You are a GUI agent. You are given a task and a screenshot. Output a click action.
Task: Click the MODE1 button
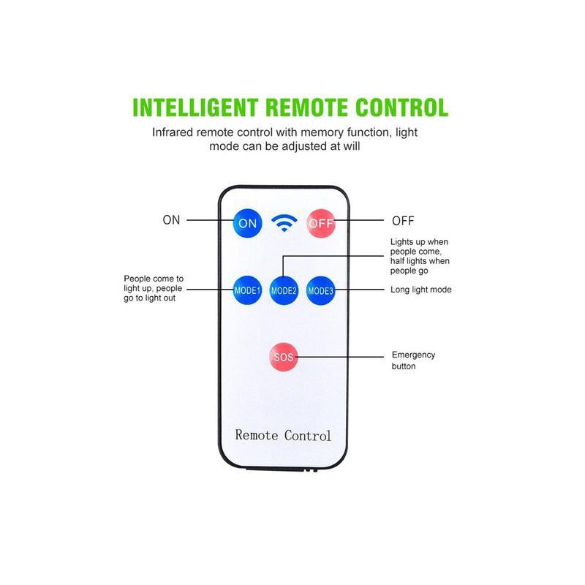tap(247, 290)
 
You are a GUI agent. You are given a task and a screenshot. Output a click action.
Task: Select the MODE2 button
tap(284, 290)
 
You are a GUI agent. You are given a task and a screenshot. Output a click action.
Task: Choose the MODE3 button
tap(320, 290)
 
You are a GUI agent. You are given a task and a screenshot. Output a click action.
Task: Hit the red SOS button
tap(283, 357)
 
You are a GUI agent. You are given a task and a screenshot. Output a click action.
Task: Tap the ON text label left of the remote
tap(171, 220)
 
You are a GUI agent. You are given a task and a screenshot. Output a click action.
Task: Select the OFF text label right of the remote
tap(403, 220)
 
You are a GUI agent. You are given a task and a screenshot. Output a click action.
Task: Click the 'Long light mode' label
tap(421, 290)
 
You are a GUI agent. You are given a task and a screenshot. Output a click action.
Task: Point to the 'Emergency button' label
tap(413, 360)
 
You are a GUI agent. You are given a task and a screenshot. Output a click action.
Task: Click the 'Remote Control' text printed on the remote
tap(283, 435)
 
